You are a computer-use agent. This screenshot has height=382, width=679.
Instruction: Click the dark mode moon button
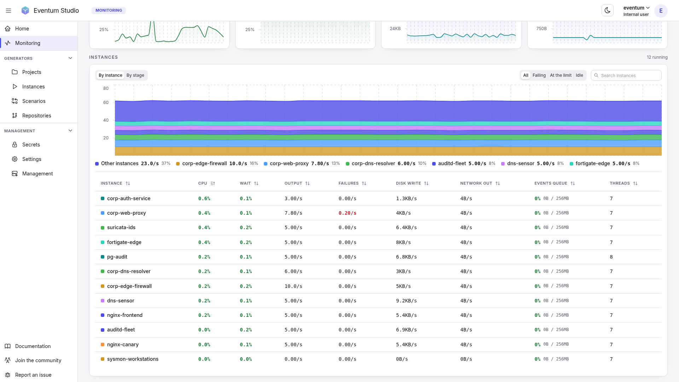tap(607, 10)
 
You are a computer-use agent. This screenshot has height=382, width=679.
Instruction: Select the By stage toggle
tap(135, 75)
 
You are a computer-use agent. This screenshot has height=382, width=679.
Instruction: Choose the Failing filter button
tap(539, 75)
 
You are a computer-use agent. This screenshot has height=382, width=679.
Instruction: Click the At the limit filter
tap(561, 75)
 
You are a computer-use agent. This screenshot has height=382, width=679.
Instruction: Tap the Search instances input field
tap(626, 75)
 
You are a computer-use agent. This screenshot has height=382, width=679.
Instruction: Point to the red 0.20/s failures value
tap(347, 213)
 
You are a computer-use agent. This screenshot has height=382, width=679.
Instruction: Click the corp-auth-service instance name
tap(129, 198)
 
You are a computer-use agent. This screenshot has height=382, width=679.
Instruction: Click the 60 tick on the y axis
tap(106, 103)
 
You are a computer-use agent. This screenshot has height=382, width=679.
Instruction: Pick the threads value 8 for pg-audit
tap(611, 257)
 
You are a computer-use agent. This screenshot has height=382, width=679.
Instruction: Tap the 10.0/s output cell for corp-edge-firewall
tap(293, 286)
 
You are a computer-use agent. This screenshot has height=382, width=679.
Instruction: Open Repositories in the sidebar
tap(36, 116)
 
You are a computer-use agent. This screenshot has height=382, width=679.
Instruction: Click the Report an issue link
tap(33, 375)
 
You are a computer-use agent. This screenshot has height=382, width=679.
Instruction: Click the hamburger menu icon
tap(8, 11)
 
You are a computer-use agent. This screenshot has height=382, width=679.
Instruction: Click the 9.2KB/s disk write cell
tap(406, 301)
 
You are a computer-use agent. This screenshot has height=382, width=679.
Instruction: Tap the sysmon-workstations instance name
tap(133, 359)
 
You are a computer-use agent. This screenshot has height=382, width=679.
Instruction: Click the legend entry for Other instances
tap(133, 163)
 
